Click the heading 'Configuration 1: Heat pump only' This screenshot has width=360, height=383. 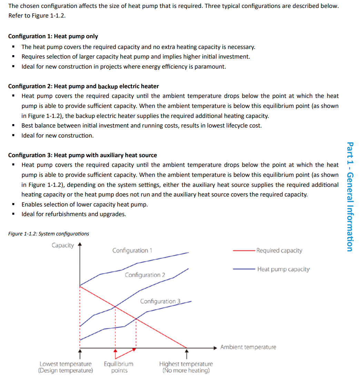click(53, 36)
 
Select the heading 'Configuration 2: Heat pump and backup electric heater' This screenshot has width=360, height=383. click(83, 86)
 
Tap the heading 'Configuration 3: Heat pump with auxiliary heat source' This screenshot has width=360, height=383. click(82, 155)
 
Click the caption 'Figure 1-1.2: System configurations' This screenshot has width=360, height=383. click(48, 234)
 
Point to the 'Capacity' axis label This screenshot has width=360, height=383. click(63, 245)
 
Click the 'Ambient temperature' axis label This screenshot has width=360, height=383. click(248, 347)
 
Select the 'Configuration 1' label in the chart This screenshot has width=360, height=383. click(132, 251)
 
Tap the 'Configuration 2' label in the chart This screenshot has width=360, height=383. click(145, 275)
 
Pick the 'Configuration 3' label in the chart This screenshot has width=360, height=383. click(160, 301)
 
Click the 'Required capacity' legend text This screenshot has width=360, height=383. click(279, 251)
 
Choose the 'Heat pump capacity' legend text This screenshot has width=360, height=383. click(283, 269)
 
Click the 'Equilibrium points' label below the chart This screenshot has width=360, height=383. click(119, 367)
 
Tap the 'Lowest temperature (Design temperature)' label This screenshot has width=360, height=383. click(66, 367)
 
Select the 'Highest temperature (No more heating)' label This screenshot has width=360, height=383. click(186, 367)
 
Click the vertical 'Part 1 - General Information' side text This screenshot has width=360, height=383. click(350, 197)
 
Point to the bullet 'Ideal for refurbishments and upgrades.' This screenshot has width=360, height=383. click(73, 214)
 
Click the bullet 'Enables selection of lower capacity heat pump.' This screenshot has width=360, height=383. click(84, 204)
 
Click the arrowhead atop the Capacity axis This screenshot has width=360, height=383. click(80, 244)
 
